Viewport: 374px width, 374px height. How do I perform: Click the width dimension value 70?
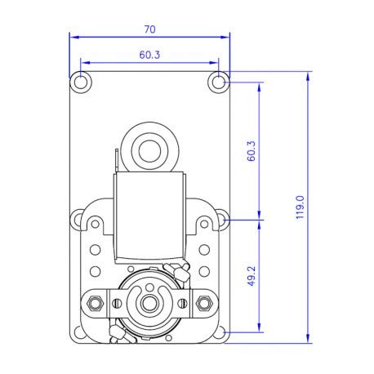pyautogui.click(x=149, y=29)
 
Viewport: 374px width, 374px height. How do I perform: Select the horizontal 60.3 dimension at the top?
pyautogui.click(x=149, y=55)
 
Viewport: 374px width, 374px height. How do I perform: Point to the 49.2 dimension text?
pyautogui.click(x=252, y=276)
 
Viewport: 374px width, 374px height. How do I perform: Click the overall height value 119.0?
pyautogui.click(x=300, y=207)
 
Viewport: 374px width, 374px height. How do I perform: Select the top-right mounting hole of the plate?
pyautogui.click(x=218, y=81)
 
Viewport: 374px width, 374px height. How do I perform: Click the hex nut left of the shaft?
pyautogui.click(x=97, y=303)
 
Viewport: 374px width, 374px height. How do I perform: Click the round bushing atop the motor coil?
pyautogui.click(x=149, y=149)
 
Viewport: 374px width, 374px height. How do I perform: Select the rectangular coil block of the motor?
pyautogui.click(x=149, y=219)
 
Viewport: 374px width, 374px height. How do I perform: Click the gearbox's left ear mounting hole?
pyautogui.click(x=80, y=219)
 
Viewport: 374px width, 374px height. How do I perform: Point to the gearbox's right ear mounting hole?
pyautogui.click(x=219, y=219)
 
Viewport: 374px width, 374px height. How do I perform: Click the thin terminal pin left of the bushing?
pyautogui.click(x=120, y=159)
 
